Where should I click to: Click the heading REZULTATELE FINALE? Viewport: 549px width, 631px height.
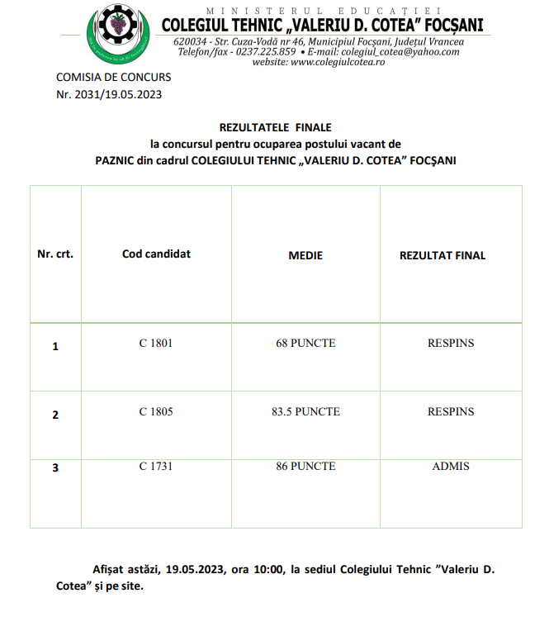click(x=275, y=127)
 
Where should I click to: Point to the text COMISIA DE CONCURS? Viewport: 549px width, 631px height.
click(x=114, y=77)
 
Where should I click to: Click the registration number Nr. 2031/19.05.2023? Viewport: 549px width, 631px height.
click(x=109, y=94)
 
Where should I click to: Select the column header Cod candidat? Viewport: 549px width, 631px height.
click(x=156, y=254)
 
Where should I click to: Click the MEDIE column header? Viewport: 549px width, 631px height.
click(x=305, y=255)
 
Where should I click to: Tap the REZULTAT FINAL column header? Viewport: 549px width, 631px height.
click(x=443, y=255)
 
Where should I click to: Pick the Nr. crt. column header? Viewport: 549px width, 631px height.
click(x=55, y=254)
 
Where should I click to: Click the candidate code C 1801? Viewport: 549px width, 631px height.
click(x=156, y=343)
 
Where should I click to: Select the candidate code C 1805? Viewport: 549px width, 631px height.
click(x=156, y=411)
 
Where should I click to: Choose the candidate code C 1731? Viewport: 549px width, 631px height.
click(x=156, y=467)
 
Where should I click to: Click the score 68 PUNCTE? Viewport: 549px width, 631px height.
click(x=305, y=343)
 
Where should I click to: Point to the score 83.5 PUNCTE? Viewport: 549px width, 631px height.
click(x=305, y=411)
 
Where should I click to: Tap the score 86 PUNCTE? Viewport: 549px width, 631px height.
click(x=305, y=467)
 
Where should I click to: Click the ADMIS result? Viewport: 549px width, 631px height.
click(x=451, y=467)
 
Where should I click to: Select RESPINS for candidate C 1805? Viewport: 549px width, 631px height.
click(x=451, y=411)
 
